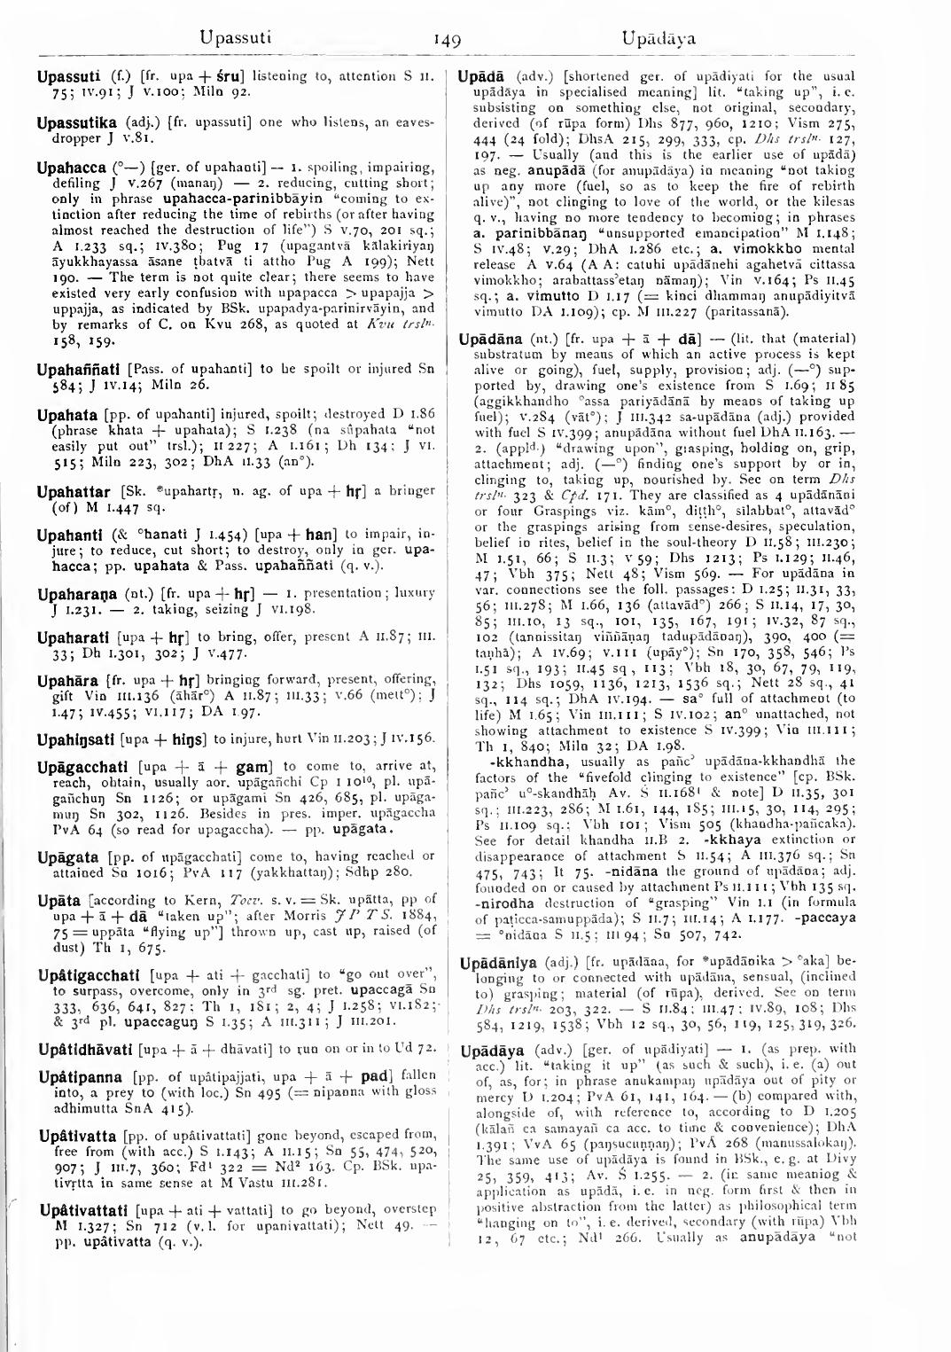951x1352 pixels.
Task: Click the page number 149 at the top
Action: click(448, 40)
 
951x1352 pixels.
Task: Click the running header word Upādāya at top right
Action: click(658, 38)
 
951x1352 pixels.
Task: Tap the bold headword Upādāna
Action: click(492, 339)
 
